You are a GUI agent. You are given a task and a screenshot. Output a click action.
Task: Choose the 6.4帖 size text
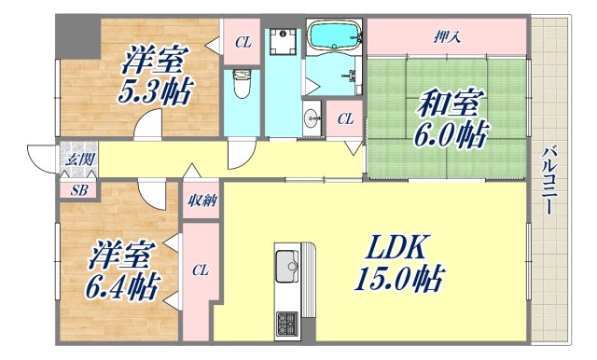click(x=123, y=282)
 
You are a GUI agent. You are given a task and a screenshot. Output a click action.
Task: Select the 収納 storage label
click(x=201, y=200)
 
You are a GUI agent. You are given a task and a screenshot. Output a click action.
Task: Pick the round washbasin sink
click(x=311, y=118)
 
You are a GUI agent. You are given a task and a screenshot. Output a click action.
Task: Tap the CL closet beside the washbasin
click(x=344, y=118)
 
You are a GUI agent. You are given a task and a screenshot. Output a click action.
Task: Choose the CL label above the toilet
click(x=243, y=41)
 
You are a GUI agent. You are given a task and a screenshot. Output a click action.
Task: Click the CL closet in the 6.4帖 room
click(x=199, y=271)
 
